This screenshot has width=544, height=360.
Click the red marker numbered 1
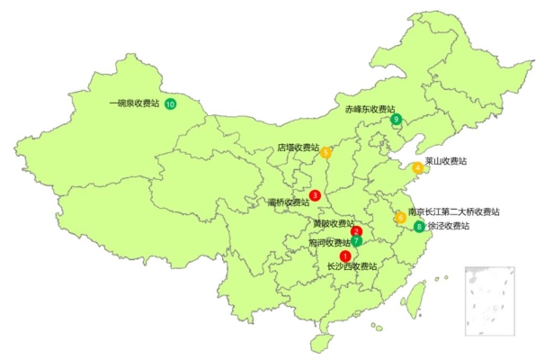(x=346, y=256)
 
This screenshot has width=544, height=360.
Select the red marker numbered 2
(x=356, y=231)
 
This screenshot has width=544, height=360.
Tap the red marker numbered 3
(x=315, y=195)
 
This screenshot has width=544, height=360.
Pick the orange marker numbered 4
(x=418, y=167)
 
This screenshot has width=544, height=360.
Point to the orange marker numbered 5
(x=326, y=152)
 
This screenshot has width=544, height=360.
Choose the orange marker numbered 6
(x=400, y=217)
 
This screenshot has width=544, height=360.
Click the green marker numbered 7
(x=357, y=241)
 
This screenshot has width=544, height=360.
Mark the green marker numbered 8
(x=419, y=226)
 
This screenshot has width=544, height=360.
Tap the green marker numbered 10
(x=171, y=104)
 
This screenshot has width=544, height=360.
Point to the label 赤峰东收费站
(x=370, y=108)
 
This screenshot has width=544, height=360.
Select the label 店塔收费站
(x=298, y=147)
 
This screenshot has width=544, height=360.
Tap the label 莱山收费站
(x=446, y=162)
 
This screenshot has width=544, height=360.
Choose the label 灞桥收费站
(x=289, y=202)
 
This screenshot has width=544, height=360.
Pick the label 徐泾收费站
(x=448, y=226)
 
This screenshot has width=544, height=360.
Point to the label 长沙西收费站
(x=352, y=266)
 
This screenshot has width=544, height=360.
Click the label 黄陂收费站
(x=334, y=223)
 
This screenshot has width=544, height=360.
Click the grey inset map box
(x=489, y=299)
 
